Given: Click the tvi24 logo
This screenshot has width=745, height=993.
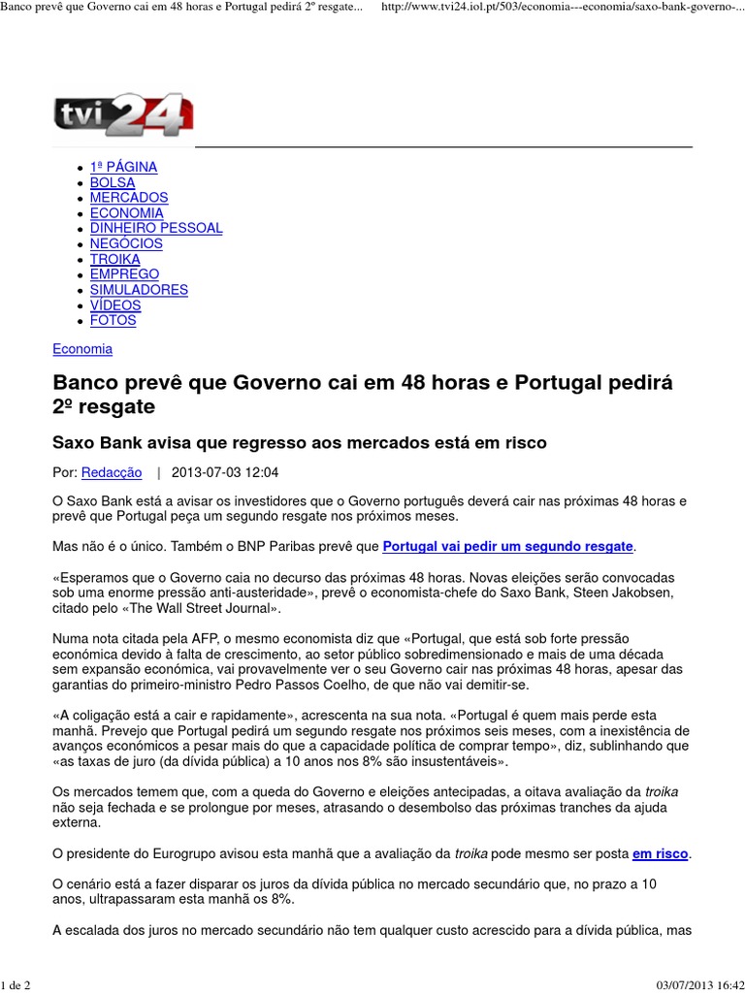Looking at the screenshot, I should click(x=123, y=115).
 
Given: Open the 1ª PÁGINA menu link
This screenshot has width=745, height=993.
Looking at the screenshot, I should click(x=123, y=167).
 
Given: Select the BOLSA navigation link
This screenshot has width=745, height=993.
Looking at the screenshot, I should click(x=113, y=182).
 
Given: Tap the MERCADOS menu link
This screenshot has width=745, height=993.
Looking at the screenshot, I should click(x=129, y=198).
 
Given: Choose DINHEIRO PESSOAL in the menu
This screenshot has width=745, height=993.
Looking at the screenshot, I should click(x=156, y=228).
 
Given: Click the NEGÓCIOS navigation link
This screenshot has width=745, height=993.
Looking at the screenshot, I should click(x=126, y=243).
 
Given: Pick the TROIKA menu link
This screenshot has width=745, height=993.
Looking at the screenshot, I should click(x=114, y=259).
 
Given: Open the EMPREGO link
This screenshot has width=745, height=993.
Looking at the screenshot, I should click(x=124, y=274).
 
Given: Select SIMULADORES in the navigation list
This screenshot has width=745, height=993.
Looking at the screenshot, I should click(x=139, y=290).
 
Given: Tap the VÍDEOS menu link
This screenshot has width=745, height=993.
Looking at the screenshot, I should click(x=115, y=305).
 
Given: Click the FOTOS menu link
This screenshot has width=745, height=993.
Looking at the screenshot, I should click(x=113, y=320).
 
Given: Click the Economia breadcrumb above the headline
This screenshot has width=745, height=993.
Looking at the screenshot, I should click(x=82, y=349).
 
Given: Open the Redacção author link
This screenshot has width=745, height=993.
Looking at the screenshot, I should click(x=112, y=473).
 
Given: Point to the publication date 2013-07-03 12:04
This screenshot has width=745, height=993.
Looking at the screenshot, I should click(x=224, y=473).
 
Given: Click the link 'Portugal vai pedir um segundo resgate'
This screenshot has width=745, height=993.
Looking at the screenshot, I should click(x=508, y=547).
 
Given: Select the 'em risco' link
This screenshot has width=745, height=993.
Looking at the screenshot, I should click(x=660, y=854).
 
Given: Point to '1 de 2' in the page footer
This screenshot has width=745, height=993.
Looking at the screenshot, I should click(x=16, y=985).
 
